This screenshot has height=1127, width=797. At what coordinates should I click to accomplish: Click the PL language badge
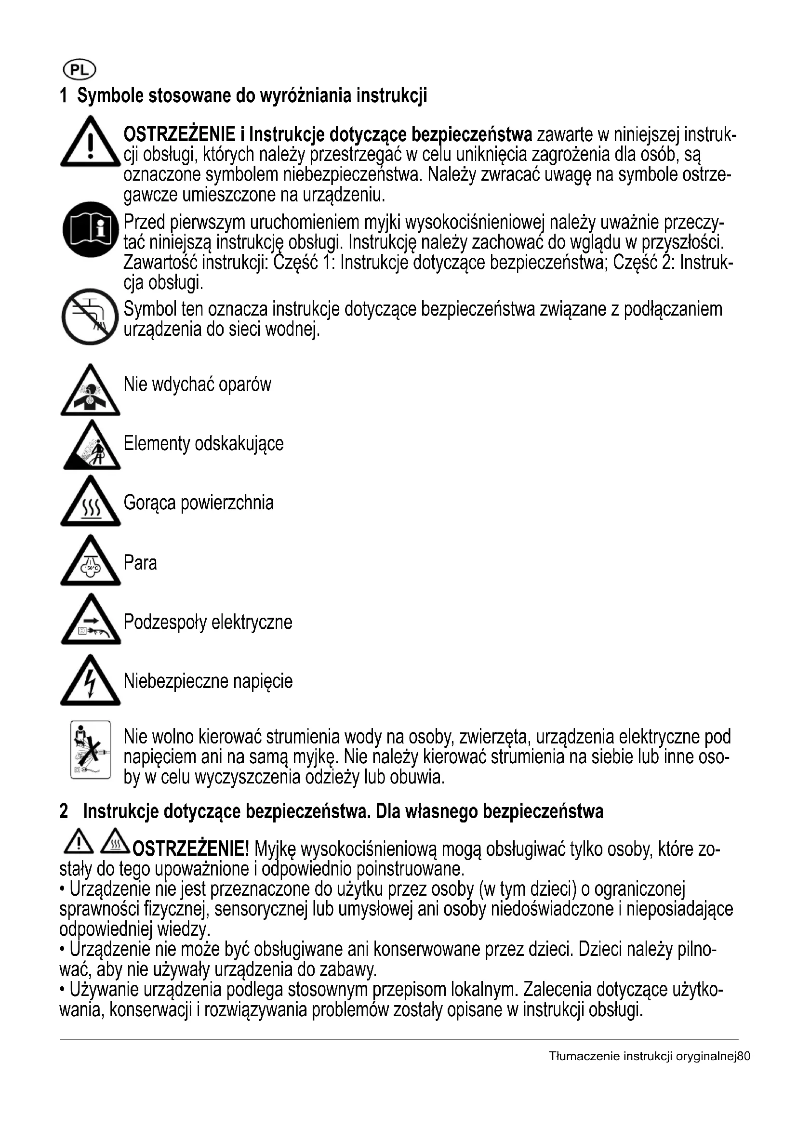pos(79,71)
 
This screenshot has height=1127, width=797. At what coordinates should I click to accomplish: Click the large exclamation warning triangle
pos(90,143)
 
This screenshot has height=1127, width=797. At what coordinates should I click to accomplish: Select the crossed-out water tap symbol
pos(90,317)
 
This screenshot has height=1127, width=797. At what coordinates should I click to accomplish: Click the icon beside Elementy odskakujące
pos(92,447)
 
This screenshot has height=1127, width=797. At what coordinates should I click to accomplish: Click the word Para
pos(140,563)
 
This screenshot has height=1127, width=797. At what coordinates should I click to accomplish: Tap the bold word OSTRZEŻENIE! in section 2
pos(191,848)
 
